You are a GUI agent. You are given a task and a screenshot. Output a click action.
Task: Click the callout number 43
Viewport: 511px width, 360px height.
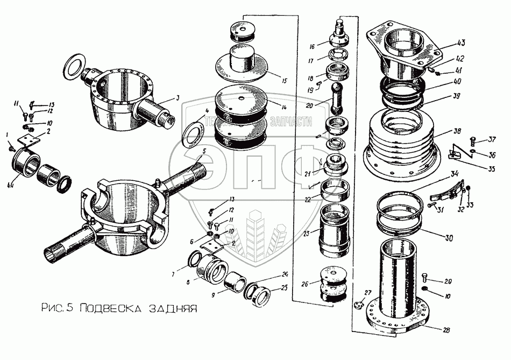462,43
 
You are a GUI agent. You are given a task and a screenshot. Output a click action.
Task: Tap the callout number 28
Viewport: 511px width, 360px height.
446,330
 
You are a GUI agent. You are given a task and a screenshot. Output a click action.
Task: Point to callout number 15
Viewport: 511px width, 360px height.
284,81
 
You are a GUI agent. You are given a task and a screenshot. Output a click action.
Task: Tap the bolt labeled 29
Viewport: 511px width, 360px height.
425,279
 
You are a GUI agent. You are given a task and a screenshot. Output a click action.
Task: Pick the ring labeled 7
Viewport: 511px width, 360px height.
192,262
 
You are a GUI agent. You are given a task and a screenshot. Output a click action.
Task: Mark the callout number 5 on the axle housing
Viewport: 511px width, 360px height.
204,152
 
